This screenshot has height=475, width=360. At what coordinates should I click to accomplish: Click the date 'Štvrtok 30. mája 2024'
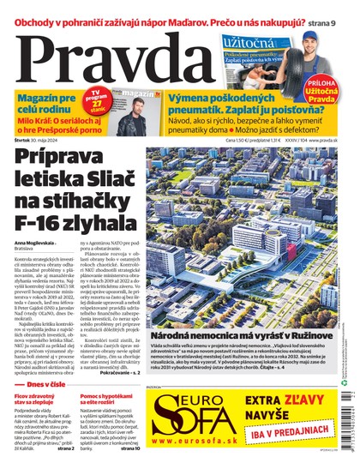coord(39,140)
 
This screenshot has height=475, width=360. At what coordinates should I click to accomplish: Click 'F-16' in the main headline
coord(43,225)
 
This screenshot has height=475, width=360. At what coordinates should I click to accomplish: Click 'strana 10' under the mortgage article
coord(130,448)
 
